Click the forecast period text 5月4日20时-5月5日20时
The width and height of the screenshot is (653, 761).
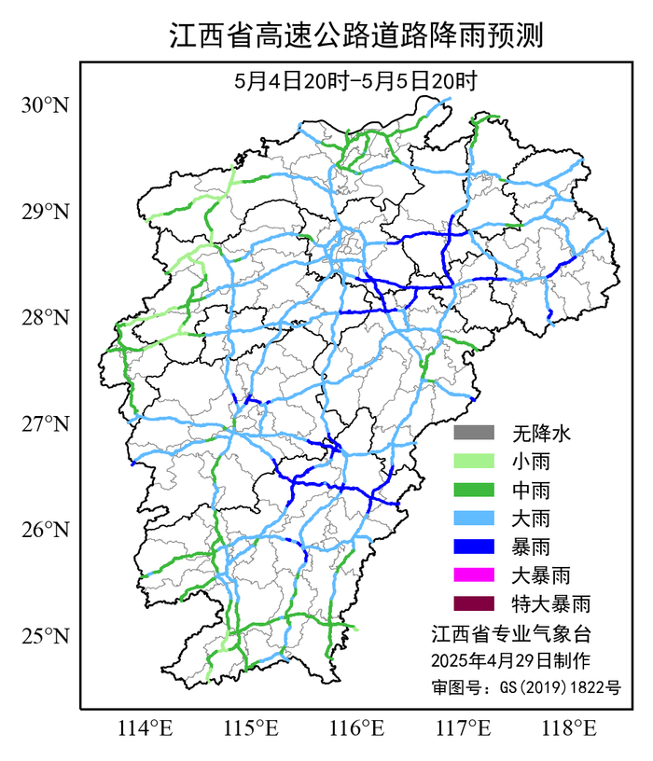356,81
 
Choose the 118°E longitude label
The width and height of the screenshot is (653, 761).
571,726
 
